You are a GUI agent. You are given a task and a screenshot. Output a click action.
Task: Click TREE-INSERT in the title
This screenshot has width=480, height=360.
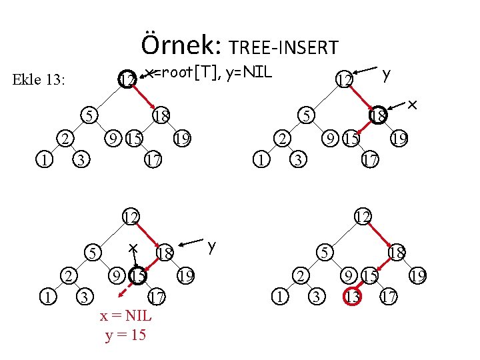pos(283,47)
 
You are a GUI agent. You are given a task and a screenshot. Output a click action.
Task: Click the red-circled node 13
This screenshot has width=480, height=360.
pos(352,295)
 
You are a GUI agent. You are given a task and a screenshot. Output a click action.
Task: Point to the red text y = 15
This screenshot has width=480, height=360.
pos(126,335)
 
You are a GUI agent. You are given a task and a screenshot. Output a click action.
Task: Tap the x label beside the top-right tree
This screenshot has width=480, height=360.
pos(413,105)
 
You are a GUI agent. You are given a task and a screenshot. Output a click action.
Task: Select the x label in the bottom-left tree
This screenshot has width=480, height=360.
pos(133,247)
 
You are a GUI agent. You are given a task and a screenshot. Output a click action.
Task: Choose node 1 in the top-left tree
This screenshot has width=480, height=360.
pos(43,160)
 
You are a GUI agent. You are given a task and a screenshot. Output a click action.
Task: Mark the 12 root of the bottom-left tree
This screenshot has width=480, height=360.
pos(130,216)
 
